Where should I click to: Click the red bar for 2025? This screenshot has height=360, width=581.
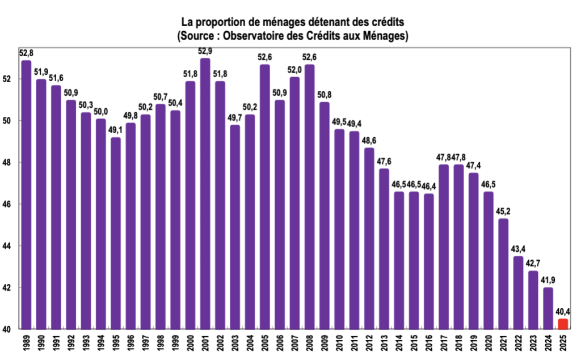(x=563, y=324)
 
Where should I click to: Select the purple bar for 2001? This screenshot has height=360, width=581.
(x=205, y=193)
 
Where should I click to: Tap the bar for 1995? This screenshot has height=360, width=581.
(x=116, y=232)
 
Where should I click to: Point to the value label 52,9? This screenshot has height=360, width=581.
(x=205, y=52)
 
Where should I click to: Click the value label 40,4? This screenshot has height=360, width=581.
(x=563, y=312)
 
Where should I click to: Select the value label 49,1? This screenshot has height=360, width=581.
(x=116, y=130)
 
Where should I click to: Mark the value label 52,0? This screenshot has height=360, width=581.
(x=295, y=70)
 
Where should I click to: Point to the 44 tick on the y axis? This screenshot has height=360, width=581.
(x=7, y=245)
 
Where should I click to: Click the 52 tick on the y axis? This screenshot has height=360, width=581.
(x=7, y=79)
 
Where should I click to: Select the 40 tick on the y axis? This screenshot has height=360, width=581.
(x=7, y=329)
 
